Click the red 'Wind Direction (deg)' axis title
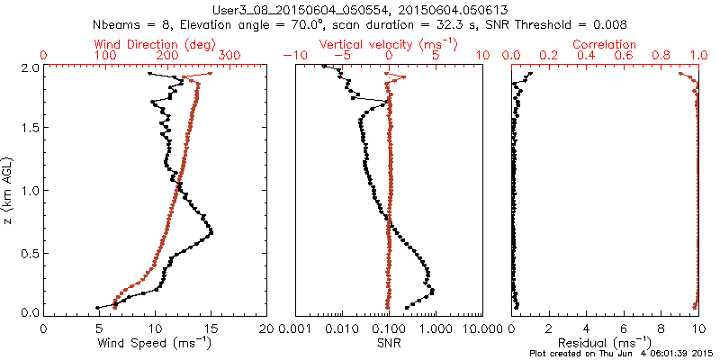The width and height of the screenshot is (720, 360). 155,44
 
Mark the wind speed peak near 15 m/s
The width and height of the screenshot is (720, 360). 211,233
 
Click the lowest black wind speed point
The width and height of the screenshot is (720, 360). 98,308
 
